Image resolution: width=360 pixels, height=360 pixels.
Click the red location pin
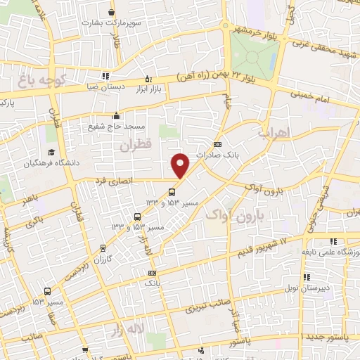pyautogui.click(x=181, y=166)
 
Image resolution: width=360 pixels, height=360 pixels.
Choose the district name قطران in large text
pyautogui.click(x=136, y=146)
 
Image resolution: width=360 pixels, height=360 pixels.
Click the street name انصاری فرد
pyautogui.click(x=114, y=182)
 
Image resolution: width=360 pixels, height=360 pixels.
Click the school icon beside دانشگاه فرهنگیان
pyautogui.click(x=51, y=153)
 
